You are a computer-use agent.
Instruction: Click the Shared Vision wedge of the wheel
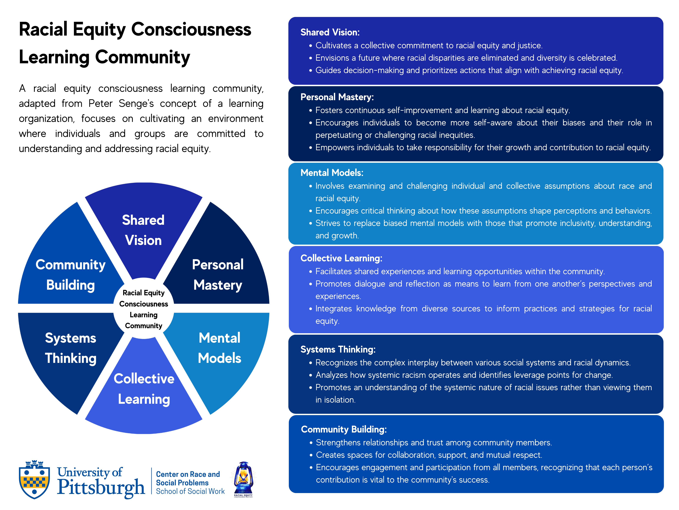tap(143, 231)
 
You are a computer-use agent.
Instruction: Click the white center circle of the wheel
tap(144, 308)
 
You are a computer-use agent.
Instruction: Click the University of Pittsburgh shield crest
tap(34, 480)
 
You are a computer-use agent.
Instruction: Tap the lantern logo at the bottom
tap(243, 479)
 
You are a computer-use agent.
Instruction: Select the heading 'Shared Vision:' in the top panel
tap(330, 32)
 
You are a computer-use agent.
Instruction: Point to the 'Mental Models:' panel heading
tap(332, 173)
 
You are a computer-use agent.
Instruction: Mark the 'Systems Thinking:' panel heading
tap(338, 350)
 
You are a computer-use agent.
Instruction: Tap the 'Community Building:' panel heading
tap(344, 429)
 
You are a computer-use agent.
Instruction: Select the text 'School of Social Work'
tap(190, 491)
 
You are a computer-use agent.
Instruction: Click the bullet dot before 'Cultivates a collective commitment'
tap(311, 46)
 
